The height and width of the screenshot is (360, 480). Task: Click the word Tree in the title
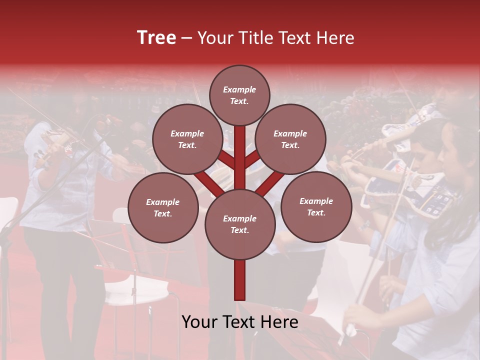[x=156, y=37]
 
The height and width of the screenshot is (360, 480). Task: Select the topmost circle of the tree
[x=239, y=95]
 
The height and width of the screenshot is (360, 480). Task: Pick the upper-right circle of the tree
[x=290, y=139]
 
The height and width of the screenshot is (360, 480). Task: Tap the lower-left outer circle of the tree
[x=163, y=207]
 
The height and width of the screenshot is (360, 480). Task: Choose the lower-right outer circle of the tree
[x=316, y=206]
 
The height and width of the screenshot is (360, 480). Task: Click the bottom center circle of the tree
[x=240, y=224]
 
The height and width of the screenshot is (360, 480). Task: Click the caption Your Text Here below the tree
[x=240, y=321]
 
